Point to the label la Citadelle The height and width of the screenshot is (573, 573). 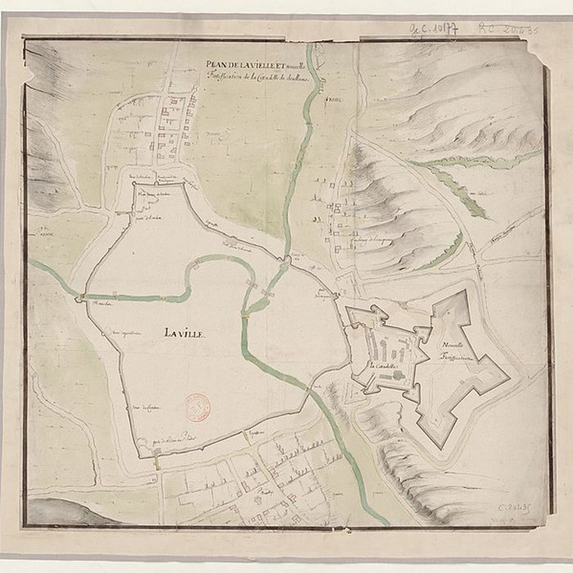(382, 366)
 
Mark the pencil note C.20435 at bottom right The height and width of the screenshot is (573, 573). (517, 510)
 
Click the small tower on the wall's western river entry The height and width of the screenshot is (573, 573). (79, 299)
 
